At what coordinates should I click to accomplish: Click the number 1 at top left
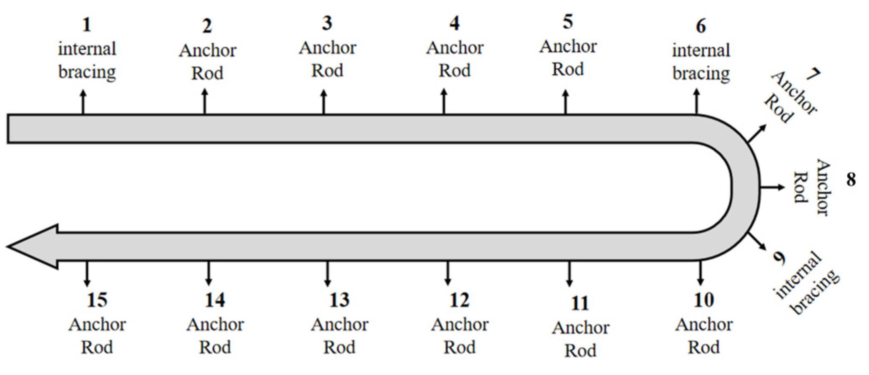pos(86,25)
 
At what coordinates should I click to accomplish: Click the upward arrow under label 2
pos(204,101)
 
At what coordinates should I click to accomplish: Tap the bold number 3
pos(327,23)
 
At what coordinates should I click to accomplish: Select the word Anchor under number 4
pos(455,48)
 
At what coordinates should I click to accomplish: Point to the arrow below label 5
pos(565,101)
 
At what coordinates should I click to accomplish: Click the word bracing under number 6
pos(701,74)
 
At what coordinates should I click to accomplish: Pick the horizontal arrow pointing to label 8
pos(772,188)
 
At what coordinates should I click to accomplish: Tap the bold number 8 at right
pos(851,180)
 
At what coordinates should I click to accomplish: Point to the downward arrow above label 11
pos(569,274)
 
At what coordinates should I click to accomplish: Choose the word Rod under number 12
pos(459,347)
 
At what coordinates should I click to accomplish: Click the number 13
pos(339,300)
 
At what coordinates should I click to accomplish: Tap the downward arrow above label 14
pos(208,274)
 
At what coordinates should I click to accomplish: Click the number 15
pos(97,300)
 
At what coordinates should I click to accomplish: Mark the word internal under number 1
pos(87,49)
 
